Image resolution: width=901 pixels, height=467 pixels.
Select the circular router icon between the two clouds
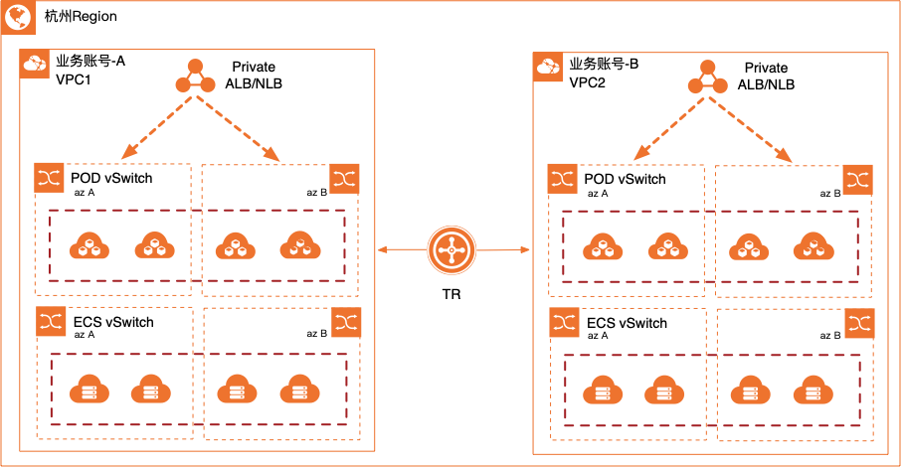[451, 250]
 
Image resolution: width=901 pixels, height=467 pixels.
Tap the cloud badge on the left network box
[35, 65]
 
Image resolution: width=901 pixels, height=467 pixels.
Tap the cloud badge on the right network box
[548, 68]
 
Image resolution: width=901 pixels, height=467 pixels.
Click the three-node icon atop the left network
[195, 78]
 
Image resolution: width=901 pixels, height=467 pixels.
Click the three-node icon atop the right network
[707, 78]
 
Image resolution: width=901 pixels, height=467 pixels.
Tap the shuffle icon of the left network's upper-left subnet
[50, 178]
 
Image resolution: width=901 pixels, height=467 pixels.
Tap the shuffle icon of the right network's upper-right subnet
[857, 180]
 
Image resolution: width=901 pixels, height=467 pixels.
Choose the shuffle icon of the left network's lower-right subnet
[346, 322]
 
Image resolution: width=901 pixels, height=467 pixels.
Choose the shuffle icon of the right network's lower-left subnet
[564, 323]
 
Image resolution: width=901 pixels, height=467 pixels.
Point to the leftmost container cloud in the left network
[90, 244]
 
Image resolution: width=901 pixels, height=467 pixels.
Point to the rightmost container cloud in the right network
[813, 245]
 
